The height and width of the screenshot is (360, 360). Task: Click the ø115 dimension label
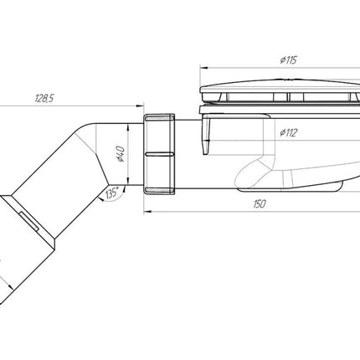[x=289, y=60]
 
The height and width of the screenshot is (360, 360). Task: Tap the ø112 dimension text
[x=289, y=133]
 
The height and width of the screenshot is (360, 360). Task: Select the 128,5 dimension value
[x=44, y=98]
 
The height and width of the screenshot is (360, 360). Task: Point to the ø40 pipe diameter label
[x=121, y=154]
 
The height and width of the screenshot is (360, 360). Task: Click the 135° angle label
[x=112, y=193]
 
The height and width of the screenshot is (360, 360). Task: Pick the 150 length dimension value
[x=260, y=204]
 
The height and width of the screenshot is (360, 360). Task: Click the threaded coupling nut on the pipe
[x=159, y=154]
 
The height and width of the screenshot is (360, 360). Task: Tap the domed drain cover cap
[x=280, y=86]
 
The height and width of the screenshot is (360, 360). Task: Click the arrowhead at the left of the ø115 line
[x=203, y=68]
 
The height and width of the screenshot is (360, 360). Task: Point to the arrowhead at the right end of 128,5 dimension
[x=140, y=105]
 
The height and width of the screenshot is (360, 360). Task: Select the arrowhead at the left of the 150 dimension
[x=147, y=212]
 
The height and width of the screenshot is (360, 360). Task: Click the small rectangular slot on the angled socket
[x=28, y=221]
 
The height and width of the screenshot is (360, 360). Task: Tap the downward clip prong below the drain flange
[x=206, y=136]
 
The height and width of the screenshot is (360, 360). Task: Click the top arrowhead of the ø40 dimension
[x=127, y=127]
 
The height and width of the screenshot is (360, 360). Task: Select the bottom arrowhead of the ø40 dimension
[x=127, y=182]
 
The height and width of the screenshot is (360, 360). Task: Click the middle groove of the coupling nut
[x=159, y=154]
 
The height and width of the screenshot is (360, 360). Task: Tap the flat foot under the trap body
[x=291, y=188]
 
